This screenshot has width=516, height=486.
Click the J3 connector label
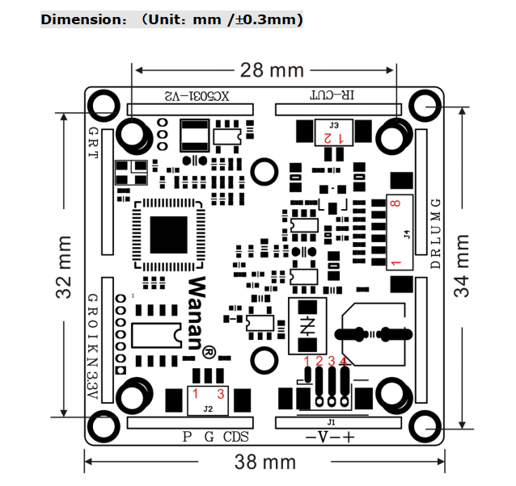point(334,125)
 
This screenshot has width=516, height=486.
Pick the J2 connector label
point(208,409)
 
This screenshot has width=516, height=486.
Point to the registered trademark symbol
point(208,354)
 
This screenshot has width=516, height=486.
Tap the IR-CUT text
point(332,96)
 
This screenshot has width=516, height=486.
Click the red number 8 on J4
point(395,204)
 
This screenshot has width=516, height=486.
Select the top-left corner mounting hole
point(104,105)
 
